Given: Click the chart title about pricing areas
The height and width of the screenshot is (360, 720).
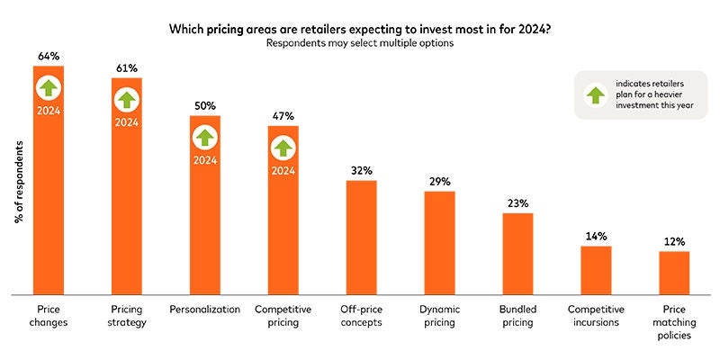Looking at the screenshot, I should (360, 29).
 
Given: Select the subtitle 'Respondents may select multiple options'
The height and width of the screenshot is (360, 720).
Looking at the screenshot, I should (360, 43).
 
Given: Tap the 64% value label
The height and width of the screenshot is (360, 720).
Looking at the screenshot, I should (48, 56).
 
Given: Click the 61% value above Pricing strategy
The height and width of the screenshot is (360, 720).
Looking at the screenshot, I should (126, 67).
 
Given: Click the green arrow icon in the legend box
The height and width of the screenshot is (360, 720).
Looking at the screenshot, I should (596, 96).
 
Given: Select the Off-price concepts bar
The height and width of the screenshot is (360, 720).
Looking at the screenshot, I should (361, 237).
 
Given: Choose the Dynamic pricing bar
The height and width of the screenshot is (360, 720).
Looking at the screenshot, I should (440, 242).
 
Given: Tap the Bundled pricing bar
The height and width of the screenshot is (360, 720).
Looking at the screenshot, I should (517, 253).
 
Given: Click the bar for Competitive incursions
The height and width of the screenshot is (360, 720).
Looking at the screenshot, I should (596, 269).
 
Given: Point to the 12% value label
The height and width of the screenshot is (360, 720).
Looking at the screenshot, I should (674, 241).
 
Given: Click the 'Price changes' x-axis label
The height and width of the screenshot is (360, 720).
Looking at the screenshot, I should (48, 315).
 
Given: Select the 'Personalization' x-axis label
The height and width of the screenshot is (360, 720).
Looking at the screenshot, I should (204, 309).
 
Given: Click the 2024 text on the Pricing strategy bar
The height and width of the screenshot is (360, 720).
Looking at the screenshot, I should (126, 121).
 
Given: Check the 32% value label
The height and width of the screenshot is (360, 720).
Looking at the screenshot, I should (361, 170).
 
